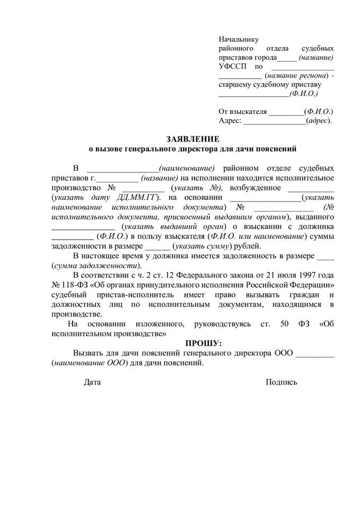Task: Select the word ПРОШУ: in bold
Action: point(204,344)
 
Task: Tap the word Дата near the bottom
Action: point(92,382)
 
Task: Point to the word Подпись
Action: point(282,382)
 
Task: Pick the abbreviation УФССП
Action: point(232,67)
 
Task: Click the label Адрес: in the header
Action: point(230,121)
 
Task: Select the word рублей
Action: point(248,246)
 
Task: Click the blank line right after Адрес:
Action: point(275,122)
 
